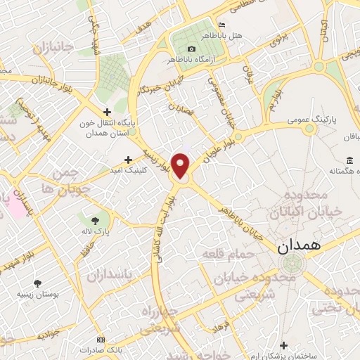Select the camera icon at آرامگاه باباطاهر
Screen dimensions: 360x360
(x=191, y=49)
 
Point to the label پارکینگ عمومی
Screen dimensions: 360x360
(x=311, y=121)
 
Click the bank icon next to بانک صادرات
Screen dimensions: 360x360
(x=100, y=338)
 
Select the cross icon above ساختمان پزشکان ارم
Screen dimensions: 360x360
(x=283, y=345)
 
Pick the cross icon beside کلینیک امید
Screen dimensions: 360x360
(x=128, y=159)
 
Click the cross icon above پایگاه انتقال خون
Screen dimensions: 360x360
(x=107, y=111)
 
